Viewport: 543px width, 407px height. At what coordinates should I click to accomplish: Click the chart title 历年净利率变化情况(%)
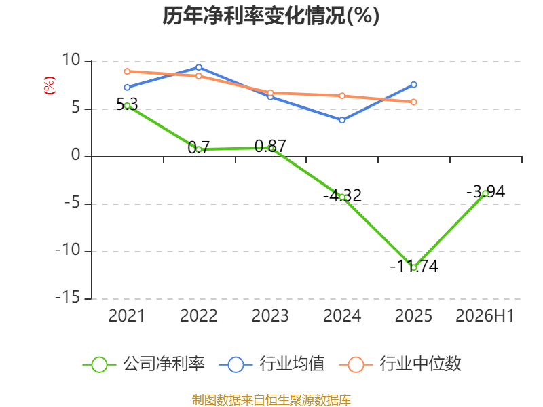[x=271, y=16]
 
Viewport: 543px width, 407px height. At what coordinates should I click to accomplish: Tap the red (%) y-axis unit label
[x=49, y=85]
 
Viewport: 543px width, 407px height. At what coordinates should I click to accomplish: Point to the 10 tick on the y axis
[x=71, y=60]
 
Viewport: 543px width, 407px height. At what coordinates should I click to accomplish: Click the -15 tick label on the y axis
[x=68, y=298]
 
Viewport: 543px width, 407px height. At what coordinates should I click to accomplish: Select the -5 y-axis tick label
[x=73, y=203]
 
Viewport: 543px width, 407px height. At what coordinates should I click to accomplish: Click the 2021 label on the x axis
[x=127, y=316]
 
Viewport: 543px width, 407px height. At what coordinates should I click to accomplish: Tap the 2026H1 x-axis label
[x=485, y=316]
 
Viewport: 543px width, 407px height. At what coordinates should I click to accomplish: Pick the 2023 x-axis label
[x=270, y=316]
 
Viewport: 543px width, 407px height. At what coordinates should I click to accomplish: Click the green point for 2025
[x=414, y=267]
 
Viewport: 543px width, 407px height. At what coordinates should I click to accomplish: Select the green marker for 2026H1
[x=485, y=193]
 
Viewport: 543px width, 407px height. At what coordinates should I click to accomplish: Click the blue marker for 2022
[x=199, y=67]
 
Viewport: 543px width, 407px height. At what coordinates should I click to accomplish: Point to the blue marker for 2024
[x=342, y=121]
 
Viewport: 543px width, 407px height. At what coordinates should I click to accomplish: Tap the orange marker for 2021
[x=127, y=71]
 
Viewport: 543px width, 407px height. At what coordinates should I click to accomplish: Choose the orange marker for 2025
[x=414, y=102]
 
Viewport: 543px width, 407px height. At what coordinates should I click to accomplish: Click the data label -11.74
[x=414, y=266]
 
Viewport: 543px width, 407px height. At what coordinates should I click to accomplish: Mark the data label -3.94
[x=486, y=192]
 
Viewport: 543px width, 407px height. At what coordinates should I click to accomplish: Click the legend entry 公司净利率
[x=144, y=364]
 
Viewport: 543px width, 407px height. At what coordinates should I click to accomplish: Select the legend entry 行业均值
[x=272, y=364]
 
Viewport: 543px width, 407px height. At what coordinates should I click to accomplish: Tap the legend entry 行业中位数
[x=400, y=364]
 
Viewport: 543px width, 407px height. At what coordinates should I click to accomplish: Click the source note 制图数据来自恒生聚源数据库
[x=271, y=400]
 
